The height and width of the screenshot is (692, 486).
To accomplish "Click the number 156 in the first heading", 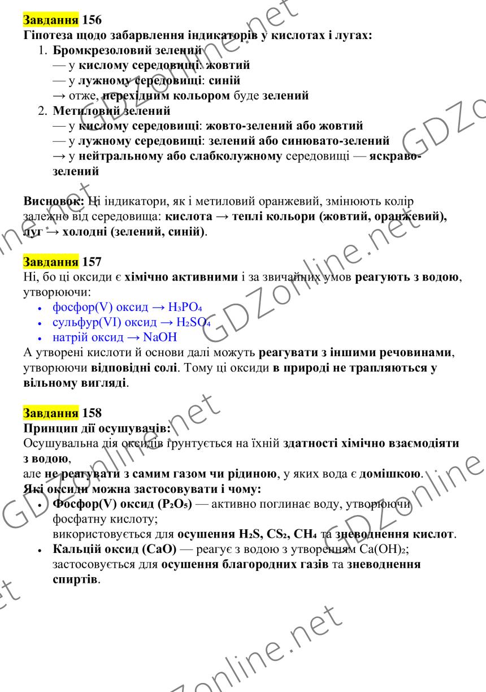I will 92,21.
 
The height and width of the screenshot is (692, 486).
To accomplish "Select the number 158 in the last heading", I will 92,413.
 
